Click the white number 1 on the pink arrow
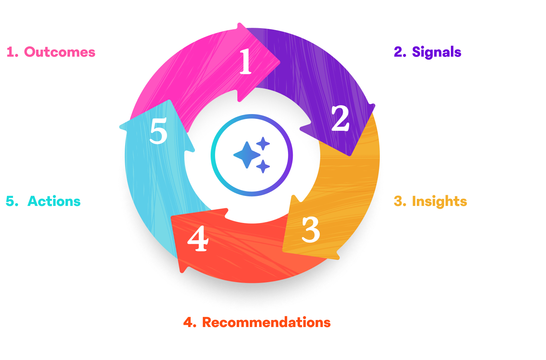pos(245,61)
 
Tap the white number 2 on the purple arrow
pos(340,119)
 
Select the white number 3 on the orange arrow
pos(311,230)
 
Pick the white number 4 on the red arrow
pos(198,239)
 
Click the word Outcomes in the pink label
pos(60,52)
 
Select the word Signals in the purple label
pos(436,52)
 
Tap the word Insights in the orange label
pos(439,201)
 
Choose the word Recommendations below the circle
pos(266,323)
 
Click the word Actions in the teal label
pos(54,201)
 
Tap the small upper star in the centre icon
pos(263,143)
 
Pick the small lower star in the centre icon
pos(263,166)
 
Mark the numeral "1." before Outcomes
pos(12,52)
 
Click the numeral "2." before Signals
pos(400,52)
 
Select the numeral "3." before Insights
pos(400,201)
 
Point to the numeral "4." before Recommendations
pos(190,323)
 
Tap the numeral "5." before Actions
pos(12,201)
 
